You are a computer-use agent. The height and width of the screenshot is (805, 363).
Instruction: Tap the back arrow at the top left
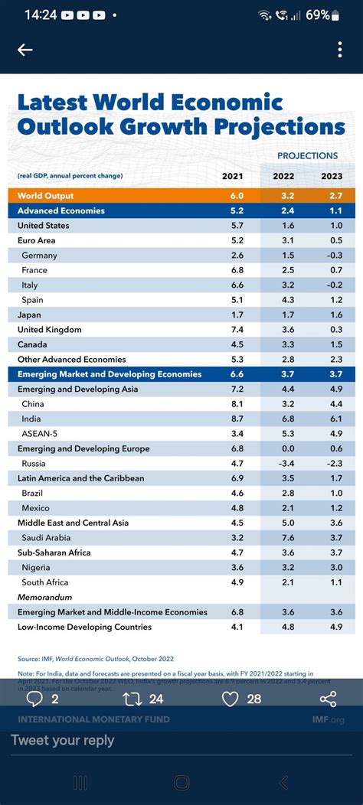(25, 50)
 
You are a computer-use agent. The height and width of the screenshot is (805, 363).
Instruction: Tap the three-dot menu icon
(340, 50)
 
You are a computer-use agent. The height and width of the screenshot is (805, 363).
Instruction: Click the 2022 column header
(283, 177)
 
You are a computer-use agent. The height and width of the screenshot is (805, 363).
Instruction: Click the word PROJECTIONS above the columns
(307, 156)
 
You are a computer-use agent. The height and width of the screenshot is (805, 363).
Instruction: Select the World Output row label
(46, 196)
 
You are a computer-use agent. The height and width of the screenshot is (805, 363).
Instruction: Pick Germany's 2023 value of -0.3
(332, 256)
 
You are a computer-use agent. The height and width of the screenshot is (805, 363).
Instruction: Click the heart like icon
(230, 699)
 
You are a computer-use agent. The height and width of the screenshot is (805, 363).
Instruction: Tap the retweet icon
(133, 699)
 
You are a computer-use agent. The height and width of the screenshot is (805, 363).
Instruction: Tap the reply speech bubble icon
(34, 699)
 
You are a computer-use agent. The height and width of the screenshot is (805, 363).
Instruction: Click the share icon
(328, 699)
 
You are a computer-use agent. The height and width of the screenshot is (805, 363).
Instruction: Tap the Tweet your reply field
(63, 741)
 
